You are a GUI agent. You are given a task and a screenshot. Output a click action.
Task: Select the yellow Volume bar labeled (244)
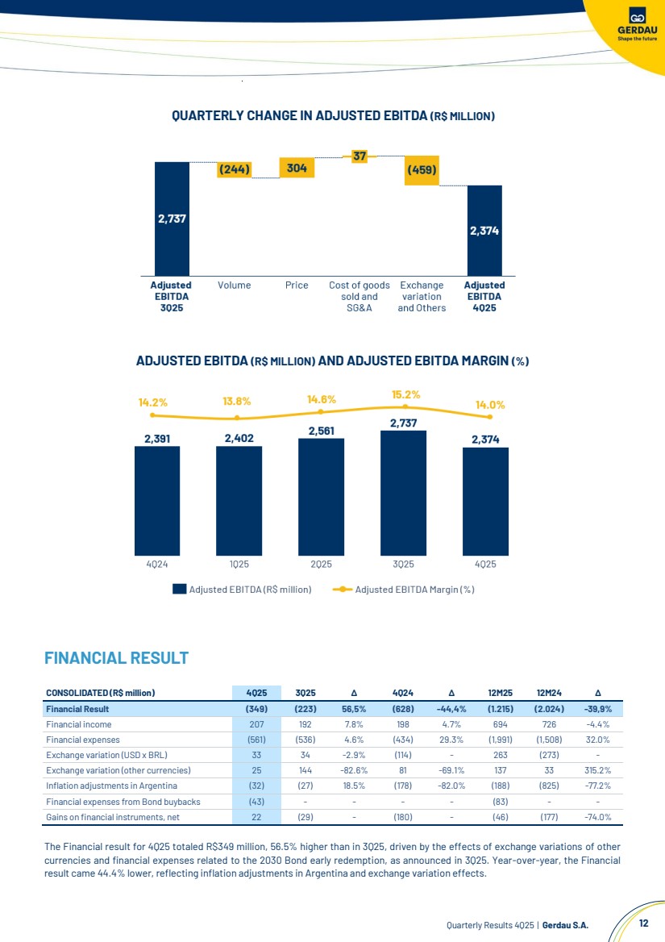pyautogui.click(x=234, y=169)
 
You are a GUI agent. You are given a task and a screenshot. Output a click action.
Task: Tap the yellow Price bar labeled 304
pyautogui.click(x=297, y=168)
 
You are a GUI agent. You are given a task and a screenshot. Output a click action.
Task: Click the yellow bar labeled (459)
pyautogui.click(x=422, y=170)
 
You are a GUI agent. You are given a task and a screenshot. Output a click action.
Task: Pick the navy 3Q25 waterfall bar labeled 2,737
pyautogui.click(x=172, y=218)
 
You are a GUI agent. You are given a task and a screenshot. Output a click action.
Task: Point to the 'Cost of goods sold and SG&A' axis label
pyautogui.click(x=360, y=296)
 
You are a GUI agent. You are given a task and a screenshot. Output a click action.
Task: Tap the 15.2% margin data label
pyautogui.click(x=406, y=394)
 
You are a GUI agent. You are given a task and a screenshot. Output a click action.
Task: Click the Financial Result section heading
pyautogui.click(x=116, y=658)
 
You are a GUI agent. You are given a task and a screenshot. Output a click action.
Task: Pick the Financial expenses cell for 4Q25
pyautogui.click(x=256, y=740)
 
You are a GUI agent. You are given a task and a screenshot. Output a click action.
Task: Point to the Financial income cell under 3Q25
pyautogui.click(x=305, y=724)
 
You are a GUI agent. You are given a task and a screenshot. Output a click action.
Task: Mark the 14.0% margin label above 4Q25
pyautogui.click(x=490, y=406)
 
